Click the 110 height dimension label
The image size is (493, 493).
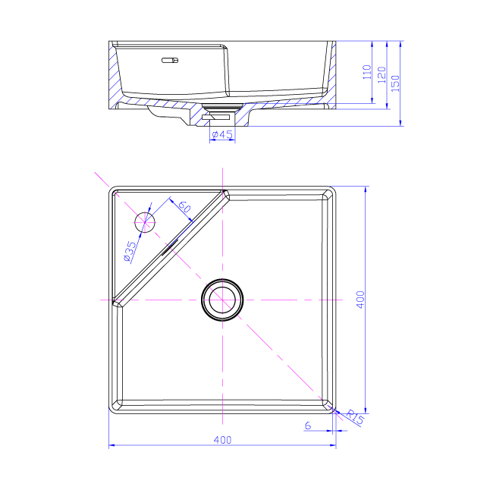367,72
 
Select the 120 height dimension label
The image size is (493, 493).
382,75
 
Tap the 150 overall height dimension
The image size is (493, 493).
395,83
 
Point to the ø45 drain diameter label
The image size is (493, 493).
222,134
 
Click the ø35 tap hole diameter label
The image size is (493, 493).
130,251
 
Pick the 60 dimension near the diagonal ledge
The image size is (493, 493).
184,207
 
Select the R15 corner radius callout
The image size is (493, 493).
355,418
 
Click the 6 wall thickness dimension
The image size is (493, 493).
308,425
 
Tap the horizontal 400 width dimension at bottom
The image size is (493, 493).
222,440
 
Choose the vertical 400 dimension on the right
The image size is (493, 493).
360,300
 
